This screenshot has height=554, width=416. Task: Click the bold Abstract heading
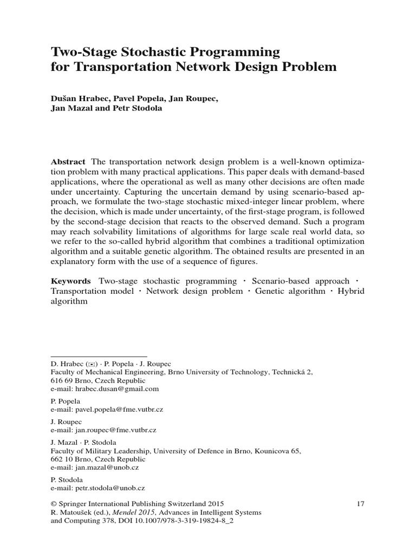coord(68,162)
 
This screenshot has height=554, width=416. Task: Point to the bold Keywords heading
coord(70,281)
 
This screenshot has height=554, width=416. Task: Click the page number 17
coord(361,503)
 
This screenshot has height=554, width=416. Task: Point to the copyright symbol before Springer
coord(53,503)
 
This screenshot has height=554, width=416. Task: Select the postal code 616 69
coord(60,380)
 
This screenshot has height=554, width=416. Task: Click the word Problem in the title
coord(303,67)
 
